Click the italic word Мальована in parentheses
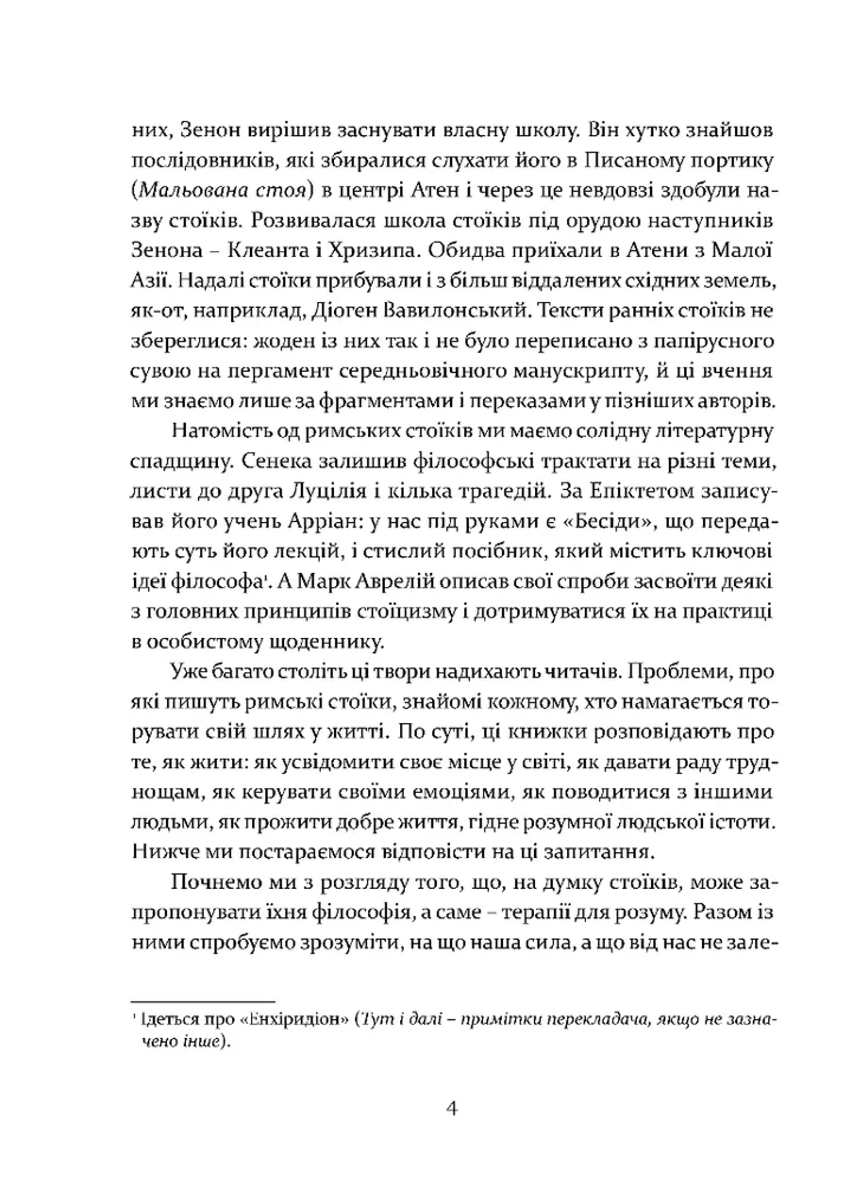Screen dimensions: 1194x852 coord(190,191)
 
